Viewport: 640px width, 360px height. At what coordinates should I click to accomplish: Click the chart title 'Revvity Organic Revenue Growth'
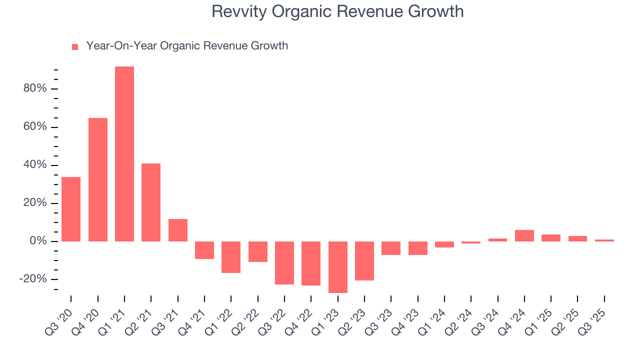click(x=337, y=11)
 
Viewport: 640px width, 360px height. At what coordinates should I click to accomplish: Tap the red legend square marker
click(x=75, y=47)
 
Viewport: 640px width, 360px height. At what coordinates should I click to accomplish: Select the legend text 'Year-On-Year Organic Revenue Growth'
click(x=187, y=46)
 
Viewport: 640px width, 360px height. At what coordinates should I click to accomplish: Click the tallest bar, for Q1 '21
click(x=124, y=154)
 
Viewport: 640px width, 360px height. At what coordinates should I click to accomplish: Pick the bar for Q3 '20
click(x=71, y=209)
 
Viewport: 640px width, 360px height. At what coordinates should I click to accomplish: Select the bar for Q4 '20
click(x=98, y=179)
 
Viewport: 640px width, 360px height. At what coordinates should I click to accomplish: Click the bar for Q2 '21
click(x=151, y=202)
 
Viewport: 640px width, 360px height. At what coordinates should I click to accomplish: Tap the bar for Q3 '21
click(x=178, y=230)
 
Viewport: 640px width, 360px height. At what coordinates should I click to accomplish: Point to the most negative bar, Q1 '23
click(x=337, y=267)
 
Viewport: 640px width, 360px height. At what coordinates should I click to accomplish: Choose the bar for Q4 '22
click(x=311, y=263)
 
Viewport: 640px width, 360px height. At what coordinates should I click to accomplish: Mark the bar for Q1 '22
click(x=231, y=257)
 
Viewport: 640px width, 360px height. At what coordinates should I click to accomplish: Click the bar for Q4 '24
click(x=524, y=235)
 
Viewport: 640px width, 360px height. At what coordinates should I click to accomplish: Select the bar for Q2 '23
click(x=364, y=261)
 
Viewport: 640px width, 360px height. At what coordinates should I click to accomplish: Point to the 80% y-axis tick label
click(x=34, y=89)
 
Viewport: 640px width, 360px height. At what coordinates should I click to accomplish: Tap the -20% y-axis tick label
click(x=32, y=279)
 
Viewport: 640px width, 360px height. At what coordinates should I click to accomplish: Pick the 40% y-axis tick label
click(x=34, y=165)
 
